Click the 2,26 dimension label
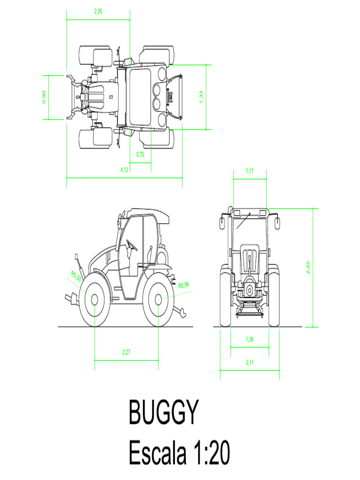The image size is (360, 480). click(x=98, y=12)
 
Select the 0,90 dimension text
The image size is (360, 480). click(x=44, y=97)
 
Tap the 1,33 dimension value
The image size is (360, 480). click(x=202, y=97)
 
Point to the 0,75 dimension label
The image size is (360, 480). click(x=140, y=155)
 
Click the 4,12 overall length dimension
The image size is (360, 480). click(x=125, y=170)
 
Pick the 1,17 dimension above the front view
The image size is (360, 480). click(x=250, y=171)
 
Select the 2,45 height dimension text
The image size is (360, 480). click(x=308, y=268)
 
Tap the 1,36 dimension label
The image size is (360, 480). click(x=250, y=339)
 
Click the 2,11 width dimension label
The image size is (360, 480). click(x=250, y=362)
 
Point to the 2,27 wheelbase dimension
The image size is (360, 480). click(x=127, y=352)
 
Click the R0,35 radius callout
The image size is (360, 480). click(x=76, y=276)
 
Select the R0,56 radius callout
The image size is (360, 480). click(x=183, y=285)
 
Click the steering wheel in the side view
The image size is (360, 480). click(x=132, y=245)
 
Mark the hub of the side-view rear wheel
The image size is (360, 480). click(x=158, y=298)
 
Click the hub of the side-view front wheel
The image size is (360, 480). click(x=94, y=299)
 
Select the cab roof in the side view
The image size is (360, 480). click(x=148, y=213)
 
